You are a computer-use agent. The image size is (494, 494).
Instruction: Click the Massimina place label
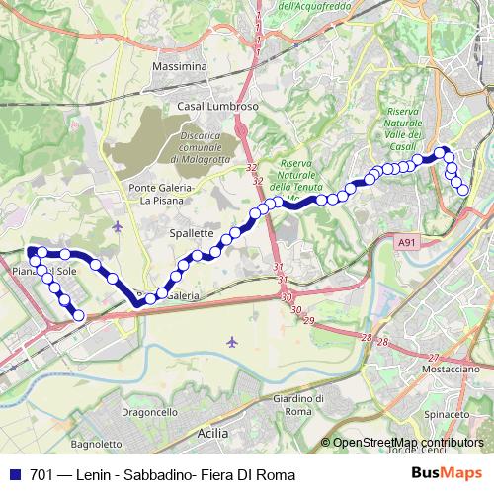tap(179, 66)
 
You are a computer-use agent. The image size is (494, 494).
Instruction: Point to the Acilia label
tap(212, 433)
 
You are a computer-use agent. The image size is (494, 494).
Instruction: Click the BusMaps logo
tap(453, 474)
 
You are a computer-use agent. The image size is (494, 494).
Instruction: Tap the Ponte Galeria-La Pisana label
tap(164, 193)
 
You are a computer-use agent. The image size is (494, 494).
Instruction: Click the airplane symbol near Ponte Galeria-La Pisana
tap(119, 226)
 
